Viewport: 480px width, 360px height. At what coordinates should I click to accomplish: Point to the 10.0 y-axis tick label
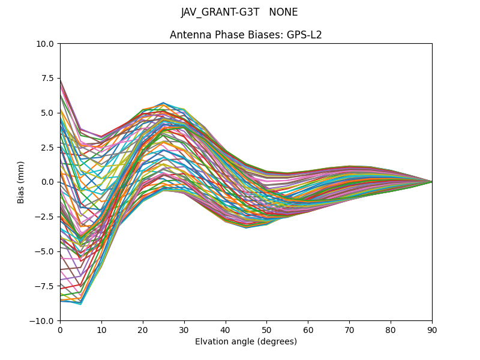click(46, 44)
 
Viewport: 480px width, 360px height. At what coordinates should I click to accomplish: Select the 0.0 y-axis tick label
click(48, 182)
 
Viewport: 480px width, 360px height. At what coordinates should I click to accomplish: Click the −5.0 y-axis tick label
click(46, 251)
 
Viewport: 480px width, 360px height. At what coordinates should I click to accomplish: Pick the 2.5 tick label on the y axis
click(48, 148)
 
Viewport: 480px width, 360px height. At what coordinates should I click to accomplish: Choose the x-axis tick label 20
click(143, 329)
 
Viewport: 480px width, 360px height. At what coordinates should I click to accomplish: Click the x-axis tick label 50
click(266, 329)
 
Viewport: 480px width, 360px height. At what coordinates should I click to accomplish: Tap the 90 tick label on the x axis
click(432, 329)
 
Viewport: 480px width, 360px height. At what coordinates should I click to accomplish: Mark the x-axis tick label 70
click(349, 329)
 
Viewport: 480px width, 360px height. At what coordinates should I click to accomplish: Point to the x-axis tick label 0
click(60, 329)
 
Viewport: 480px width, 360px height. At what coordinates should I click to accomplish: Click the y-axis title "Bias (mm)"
click(21, 182)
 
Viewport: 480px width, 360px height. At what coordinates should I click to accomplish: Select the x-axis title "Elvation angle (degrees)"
click(246, 341)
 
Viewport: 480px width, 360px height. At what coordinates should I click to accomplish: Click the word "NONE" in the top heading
click(283, 13)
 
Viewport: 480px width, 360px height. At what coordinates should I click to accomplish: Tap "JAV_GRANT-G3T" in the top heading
click(220, 13)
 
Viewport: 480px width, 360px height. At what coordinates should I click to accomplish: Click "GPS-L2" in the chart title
click(305, 35)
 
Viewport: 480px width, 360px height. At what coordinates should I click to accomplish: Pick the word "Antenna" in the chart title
click(187, 35)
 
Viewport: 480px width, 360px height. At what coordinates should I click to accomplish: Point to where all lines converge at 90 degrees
click(432, 182)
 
